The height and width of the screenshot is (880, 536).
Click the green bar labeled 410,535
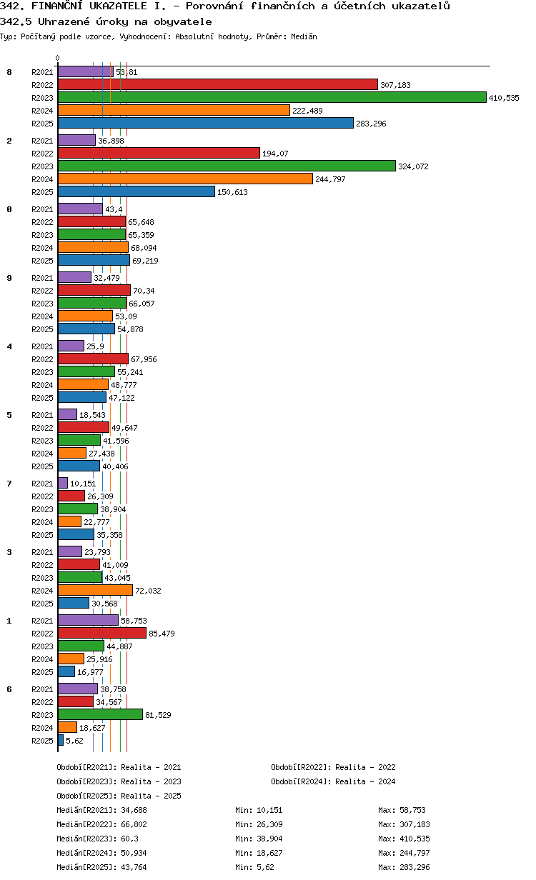272,97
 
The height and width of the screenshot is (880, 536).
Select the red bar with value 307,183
218,84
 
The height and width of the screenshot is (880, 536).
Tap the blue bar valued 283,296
206,124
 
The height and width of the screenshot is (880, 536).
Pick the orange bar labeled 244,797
185,179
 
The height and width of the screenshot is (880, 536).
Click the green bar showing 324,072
227,166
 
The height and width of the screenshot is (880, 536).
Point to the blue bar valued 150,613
137,192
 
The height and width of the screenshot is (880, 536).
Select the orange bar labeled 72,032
95,591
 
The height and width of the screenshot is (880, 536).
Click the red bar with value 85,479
102,634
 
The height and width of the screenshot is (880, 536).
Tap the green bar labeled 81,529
100,714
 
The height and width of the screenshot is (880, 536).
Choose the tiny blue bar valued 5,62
61,741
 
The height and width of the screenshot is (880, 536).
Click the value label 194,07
275,154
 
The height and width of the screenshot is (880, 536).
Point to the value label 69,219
145,261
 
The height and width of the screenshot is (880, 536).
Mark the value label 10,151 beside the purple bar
83,484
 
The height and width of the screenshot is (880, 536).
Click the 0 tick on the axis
57,58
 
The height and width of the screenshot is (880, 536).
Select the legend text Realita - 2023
151,781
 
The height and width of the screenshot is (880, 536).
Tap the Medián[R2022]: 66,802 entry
101,824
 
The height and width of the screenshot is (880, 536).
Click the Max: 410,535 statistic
404,839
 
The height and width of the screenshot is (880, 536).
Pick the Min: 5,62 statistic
254,867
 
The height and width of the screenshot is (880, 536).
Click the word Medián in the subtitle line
304,36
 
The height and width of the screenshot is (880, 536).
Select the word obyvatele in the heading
183,21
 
